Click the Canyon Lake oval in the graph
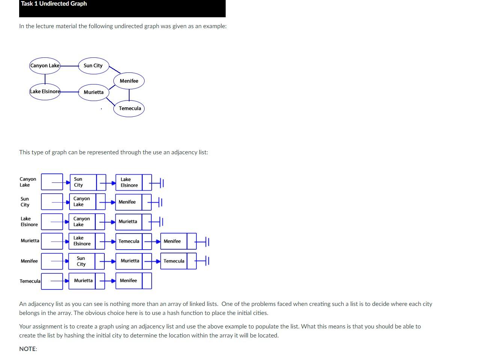[x=45, y=66]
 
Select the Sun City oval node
[x=93, y=66]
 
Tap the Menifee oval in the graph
[x=129, y=81]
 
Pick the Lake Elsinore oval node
[x=45, y=92]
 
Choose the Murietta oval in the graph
[x=93, y=92]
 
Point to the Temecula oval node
[x=130, y=108]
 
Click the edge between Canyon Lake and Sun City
[x=69, y=66]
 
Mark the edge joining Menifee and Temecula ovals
[x=129, y=95]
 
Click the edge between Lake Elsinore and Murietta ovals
[x=69, y=91]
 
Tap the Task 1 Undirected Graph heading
[x=54, y=4]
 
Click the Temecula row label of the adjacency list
[x=30, y=281]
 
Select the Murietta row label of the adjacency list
[x=30, y=241]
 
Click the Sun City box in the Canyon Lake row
[x=83, y=182]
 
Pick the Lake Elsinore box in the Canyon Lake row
[x=129, y=182]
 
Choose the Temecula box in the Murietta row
[x=129, y=241]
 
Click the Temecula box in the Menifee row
[x=174, y=261]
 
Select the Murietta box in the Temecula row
[x=83, y=281]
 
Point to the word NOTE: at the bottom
[x=28, y=349]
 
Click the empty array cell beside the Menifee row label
[x=52, y=261]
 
